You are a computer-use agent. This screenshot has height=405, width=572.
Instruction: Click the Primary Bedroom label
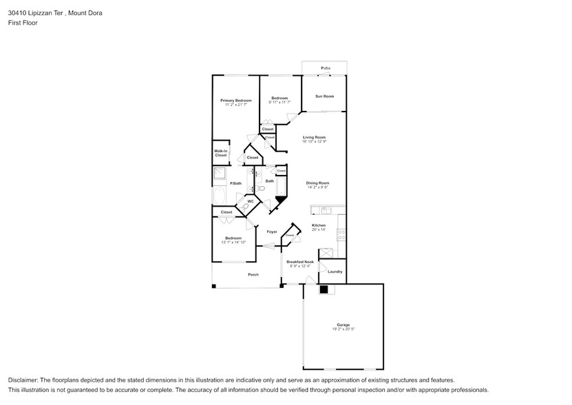coord(235,101)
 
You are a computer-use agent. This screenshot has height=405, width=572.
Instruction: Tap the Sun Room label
coord(324,96)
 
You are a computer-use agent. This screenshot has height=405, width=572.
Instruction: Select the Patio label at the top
coord(325,68)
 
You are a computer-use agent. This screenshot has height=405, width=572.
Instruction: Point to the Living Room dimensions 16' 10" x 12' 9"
coord(314,141)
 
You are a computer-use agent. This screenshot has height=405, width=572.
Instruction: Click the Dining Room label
coord(317,183)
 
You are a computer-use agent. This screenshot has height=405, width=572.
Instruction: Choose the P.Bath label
coord(235,183)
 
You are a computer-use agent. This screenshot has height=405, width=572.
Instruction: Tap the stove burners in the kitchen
coord(341,235)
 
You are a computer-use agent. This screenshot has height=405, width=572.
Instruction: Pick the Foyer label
coord(272,231)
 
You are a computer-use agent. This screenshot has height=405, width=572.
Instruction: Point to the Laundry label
coord(335,271)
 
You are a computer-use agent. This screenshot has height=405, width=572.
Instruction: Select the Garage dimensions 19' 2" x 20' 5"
coord(343,329)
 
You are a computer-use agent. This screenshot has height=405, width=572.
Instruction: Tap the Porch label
coord(253,275)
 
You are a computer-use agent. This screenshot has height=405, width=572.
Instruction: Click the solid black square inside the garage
coord(323,291)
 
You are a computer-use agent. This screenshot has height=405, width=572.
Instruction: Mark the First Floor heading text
coord(23,23)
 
